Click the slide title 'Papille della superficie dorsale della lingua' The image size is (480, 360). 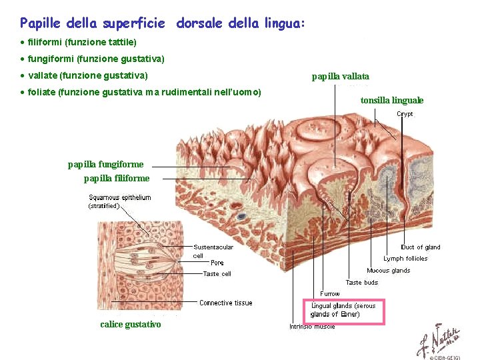coord(163,24)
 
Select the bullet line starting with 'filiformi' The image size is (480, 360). coord(82,42)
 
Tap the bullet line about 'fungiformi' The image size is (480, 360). coord(96,59)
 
